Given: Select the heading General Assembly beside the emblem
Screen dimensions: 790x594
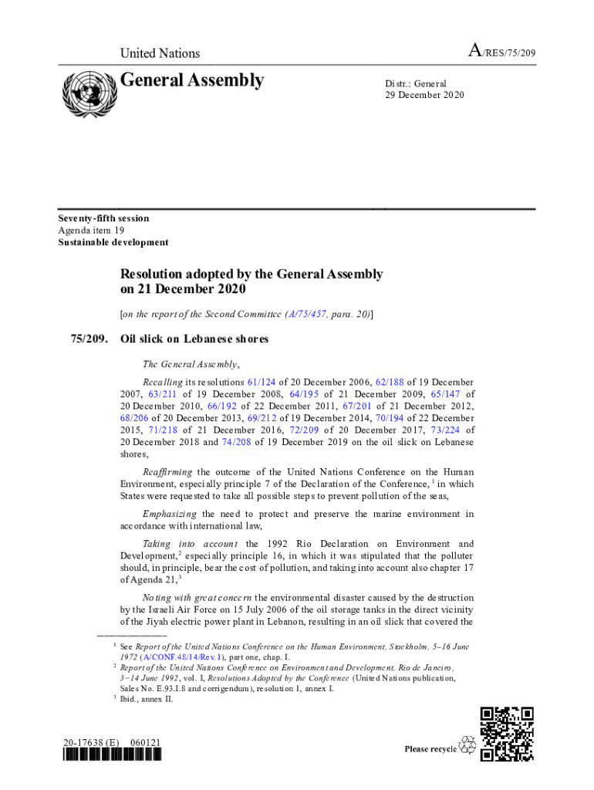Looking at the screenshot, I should click(x=192, y=80).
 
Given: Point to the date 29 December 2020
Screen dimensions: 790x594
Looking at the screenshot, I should click(x=425, y=95).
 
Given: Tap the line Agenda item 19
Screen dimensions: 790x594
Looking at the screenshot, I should click(x=92, y=230).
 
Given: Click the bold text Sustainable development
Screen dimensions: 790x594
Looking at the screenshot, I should click(x=113, y=242).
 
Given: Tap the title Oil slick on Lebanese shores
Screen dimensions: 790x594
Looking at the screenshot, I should click(x=194, y=339).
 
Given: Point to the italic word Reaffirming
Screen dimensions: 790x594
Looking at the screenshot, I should click(x=167, y=471).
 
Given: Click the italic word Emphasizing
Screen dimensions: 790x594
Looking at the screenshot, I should click(x=169, y=514).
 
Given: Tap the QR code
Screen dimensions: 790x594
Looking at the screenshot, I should click(x=507, y=734).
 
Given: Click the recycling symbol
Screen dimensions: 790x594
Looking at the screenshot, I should click(x=467, y=745).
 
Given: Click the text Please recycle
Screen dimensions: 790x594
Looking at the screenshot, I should click(x=430, y=749).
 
